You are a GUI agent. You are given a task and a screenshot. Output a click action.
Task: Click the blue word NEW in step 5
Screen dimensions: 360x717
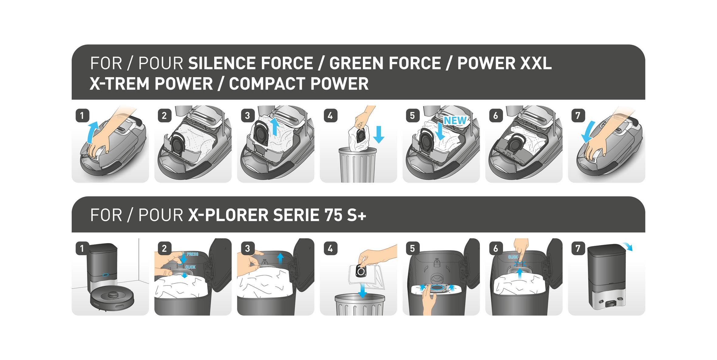pyautogui.click(x=455, y=121)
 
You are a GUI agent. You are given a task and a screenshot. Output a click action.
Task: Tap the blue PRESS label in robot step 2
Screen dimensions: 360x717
pyautogui.click(x=192, y=254)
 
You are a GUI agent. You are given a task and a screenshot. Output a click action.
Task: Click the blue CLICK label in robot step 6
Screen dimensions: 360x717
pyautogui.click(x=513, y=257)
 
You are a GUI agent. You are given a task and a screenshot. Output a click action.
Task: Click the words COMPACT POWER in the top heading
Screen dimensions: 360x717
pyautogui.click(x=299, y=84)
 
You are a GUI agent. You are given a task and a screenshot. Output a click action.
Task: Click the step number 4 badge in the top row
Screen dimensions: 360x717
pyautogui.click(x=330, y=115)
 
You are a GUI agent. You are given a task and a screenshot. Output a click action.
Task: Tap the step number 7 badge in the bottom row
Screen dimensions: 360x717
pyautogui.click(x=578, y=248)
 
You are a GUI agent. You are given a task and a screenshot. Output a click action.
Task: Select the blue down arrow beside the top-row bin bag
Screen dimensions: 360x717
pyautogui.click(x=378, y=134)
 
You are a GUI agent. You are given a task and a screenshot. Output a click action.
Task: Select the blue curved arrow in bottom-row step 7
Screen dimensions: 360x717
pyautogui.click(x=627, y=246)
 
